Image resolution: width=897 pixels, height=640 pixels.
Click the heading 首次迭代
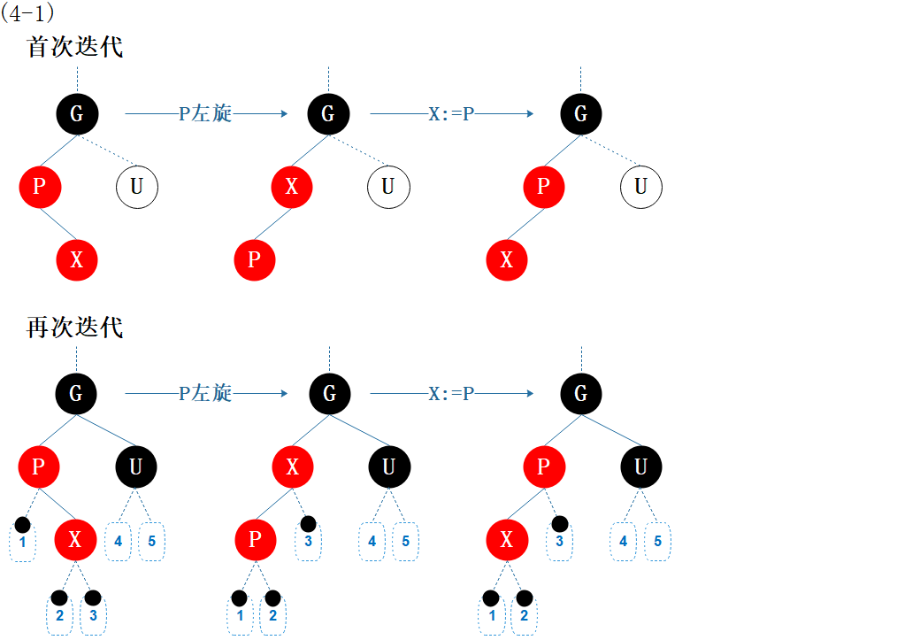coord(75,47)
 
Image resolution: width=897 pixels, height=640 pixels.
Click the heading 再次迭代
coord(75,328)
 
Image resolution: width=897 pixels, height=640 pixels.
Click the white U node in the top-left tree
coord(136,187)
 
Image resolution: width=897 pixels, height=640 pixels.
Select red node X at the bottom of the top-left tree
coord(77,260)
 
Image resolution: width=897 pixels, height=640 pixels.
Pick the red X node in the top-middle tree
coord(292,187)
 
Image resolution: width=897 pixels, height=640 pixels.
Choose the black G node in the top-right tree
coord(580,113)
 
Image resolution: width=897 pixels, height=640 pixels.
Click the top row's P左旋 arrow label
coord(205,113)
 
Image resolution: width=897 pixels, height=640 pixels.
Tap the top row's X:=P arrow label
coord(451,114)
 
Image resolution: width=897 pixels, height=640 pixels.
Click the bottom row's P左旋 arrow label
coord(205,393)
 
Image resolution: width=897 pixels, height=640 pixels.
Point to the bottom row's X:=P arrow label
coord(451,394)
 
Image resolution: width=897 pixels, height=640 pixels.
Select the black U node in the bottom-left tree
coord(135,467)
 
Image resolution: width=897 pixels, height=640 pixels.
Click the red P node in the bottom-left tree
coord(38,467)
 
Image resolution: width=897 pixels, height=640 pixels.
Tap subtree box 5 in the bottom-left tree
coord(151,542)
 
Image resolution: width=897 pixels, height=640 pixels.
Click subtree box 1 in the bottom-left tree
coord(22,542)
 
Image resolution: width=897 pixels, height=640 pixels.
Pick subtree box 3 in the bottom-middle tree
coord(308,542)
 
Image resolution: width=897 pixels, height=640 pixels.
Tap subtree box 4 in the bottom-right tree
coord(624,542)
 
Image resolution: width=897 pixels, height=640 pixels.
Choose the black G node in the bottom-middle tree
coord(329,393)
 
